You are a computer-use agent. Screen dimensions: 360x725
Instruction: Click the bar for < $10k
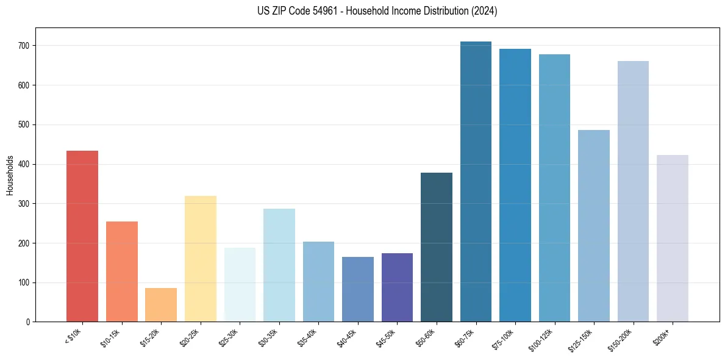(82, 236)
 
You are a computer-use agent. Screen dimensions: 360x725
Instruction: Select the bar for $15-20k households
(161, 304)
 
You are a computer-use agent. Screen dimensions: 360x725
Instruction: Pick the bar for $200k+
(673, 238)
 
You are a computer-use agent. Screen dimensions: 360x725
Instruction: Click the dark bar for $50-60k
(437, 247)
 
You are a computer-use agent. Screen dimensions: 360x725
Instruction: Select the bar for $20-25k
(201, 259)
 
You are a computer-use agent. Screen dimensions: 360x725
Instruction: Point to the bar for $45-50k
(397, 287)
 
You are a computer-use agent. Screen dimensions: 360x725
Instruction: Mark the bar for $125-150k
(594, 226)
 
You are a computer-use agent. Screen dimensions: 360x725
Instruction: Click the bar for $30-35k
(279, 265)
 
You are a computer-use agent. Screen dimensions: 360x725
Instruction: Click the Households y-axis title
(10, 175)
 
